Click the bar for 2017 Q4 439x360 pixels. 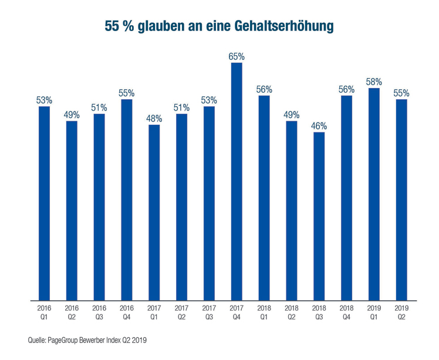pos(237,182)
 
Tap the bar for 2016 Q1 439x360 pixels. pos(44,203)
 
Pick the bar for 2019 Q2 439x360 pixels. pos(402,199)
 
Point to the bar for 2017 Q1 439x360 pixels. pos(154,212)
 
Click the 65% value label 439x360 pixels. pos(237,57)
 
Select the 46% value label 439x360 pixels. pos(319,126)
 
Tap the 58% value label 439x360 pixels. pos(374,81)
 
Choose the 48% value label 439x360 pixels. pos(154,118)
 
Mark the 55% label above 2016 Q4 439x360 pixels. pos(126,93)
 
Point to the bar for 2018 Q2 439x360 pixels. pos(292,210)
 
